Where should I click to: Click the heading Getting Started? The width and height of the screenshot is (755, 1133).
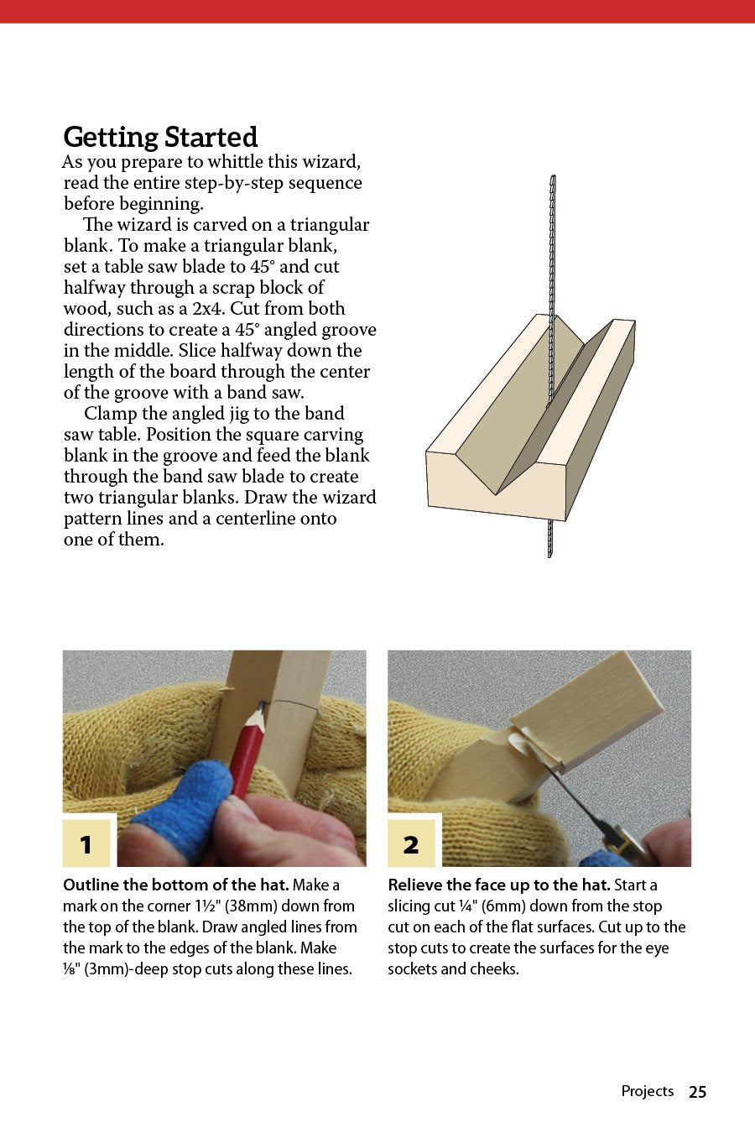(x=160, y=137)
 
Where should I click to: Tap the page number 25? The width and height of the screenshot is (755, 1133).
(x=697, y=1092)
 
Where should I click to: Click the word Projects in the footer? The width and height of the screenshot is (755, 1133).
(x=647, y=1091)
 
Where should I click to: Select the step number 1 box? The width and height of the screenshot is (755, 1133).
(x=86, y=843)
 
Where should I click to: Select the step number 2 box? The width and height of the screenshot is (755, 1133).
(x=411, y=843)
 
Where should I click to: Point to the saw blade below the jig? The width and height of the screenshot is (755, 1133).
(x=550, y=537)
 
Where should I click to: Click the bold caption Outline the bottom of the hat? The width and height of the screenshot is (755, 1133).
(x=175, y=885)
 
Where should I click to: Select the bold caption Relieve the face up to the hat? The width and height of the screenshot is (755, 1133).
(x=498, y=885)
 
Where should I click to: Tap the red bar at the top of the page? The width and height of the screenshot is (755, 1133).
(x=377, y=11)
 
